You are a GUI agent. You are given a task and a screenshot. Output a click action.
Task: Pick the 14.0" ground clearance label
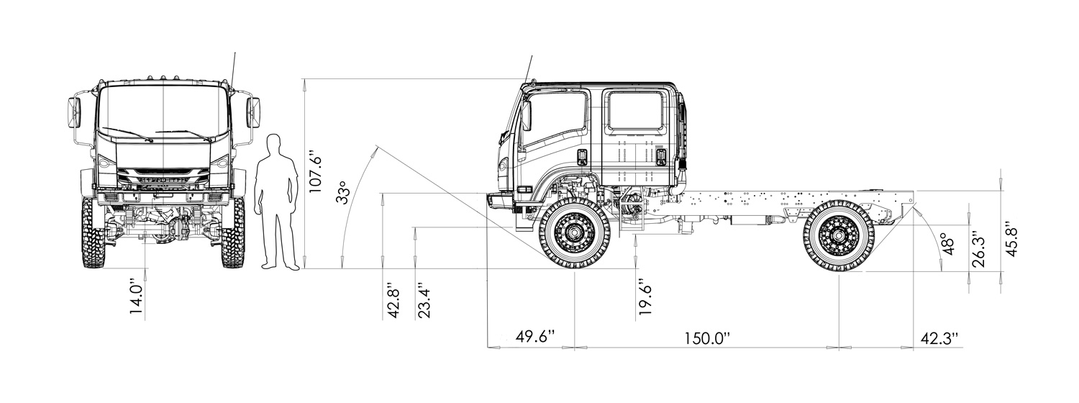(137, 300)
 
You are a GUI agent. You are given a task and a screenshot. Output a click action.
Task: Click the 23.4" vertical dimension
(425, 300)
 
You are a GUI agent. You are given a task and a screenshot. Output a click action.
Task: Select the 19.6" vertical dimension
(645, 296)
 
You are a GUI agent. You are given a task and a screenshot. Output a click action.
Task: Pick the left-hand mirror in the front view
(74, 112)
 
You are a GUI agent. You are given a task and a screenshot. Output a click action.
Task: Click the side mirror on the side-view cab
(526, 115)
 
